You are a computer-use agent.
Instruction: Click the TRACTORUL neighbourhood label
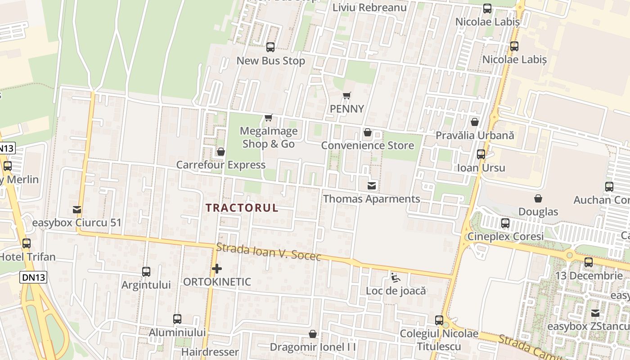242,208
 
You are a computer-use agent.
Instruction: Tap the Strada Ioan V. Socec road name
269,252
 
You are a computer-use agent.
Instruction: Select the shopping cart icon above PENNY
346,95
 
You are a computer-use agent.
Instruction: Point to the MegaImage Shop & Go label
269,137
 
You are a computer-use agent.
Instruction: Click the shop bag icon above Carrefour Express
221,152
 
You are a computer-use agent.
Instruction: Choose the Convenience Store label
367,145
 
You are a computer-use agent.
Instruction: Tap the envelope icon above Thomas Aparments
372,185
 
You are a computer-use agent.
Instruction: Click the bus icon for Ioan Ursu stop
481,154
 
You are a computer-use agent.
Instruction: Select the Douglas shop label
538,211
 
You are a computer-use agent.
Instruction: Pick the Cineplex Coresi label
505,236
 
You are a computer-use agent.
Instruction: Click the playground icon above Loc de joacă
396,277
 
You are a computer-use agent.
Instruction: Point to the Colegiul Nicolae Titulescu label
439,340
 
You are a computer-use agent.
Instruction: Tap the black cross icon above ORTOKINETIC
217,269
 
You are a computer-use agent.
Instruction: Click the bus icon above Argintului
146,272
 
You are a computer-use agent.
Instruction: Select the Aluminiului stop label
177,333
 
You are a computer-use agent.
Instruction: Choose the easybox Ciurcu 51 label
76,223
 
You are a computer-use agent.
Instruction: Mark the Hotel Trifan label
27,257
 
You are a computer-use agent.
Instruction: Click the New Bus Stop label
270,61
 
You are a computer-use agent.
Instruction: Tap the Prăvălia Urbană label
474,135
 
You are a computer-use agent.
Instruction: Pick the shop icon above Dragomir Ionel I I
313,334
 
